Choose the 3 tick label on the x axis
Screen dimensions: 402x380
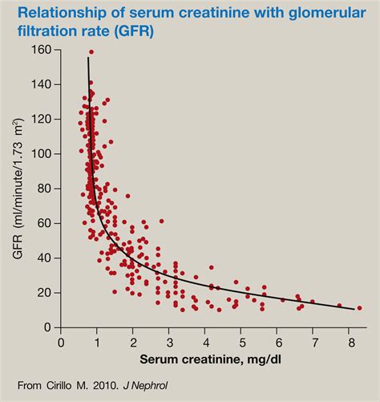(x=169, y=342)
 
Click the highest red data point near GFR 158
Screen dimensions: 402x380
(x=91, y=52)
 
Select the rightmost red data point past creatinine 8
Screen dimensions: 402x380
(x=359, y=307)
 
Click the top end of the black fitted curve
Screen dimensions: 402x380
(x=88, y=58)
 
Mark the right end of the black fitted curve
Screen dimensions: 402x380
(x=354, y=309)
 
